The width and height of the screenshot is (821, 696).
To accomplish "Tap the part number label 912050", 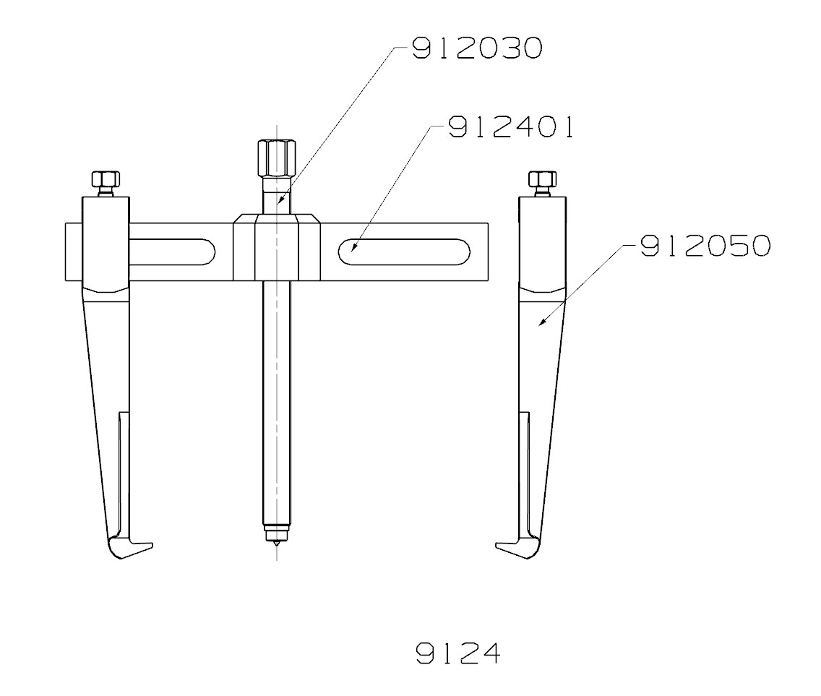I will [x=704, y=246].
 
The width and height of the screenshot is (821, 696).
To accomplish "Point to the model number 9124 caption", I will [x=457, y=653].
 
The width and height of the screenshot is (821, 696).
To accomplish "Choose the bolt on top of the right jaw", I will [x=543, y=179].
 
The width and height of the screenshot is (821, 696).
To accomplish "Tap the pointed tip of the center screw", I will [x=275, y=552].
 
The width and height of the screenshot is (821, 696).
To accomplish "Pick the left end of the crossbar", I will [x=72, y=252].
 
